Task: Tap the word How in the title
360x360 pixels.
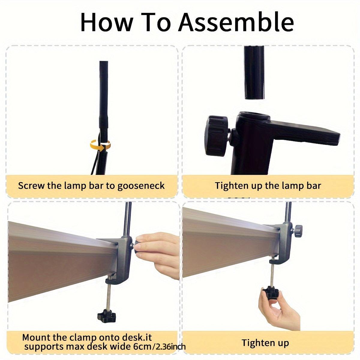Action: click(x=106, y=22)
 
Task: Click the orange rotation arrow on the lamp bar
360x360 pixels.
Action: click(x=100, y=145)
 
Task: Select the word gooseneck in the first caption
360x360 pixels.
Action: click(x=141, y=186)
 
